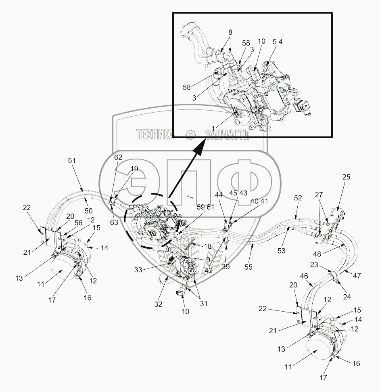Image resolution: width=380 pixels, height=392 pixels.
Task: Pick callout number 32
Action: [159, 304]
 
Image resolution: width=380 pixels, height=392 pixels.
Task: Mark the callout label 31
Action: [204, 304]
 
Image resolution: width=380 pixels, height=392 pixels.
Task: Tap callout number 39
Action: [226, 267]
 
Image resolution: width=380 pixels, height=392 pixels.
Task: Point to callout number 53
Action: [282, 251]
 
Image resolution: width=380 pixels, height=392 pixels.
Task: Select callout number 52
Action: [298, 198]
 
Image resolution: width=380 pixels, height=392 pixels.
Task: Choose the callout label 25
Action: [347, 177]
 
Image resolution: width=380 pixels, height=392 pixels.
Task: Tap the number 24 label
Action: [347, 297]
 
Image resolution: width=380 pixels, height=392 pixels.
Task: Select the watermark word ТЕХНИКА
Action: [155, 135]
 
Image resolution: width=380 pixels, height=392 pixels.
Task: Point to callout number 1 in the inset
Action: [213, 128]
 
